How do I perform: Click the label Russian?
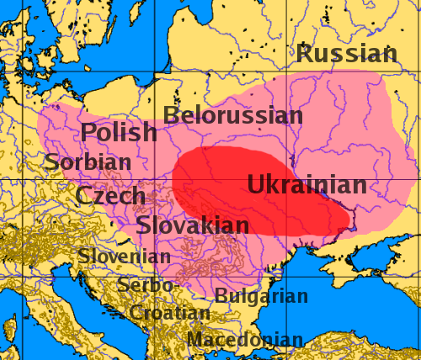coord(346,55)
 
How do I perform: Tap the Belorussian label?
coord(233,115)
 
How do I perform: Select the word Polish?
coord(119,132)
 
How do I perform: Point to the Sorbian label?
coord(88,161)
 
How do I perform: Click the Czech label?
coord(109,196)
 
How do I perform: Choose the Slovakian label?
coord(193,225)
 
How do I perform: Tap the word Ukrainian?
coord(306,185)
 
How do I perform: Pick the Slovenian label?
coord(125,256)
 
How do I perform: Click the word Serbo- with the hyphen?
coord(148,285)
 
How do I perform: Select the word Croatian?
coord(168,313)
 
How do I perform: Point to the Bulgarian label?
coord(261,296)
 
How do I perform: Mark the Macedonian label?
coord(245,341)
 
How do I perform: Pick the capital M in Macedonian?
coord(195,341)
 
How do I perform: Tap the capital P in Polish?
coord(89,132)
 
